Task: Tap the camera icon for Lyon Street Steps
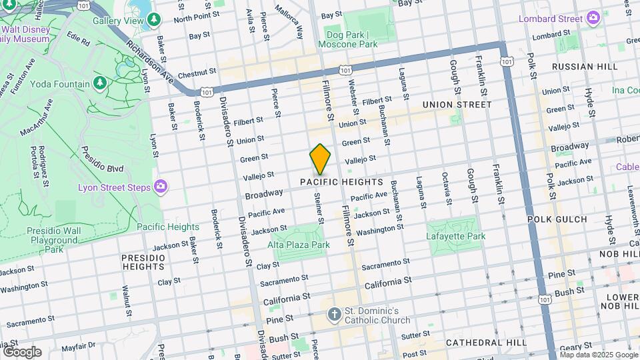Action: (x=160, y=186)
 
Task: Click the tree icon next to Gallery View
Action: (x=155, y=21)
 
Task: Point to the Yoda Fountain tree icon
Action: (x=100, y=83)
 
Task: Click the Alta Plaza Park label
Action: (x=299, y=245)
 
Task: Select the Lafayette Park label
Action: (x=456, y=236)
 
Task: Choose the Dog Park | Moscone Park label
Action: (x=351, y=39)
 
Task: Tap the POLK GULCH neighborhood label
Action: (x=557, y=219)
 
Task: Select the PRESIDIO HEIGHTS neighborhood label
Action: (x=143, y=262)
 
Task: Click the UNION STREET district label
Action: (x=457, y=105)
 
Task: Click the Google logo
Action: (x=21, y=352)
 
